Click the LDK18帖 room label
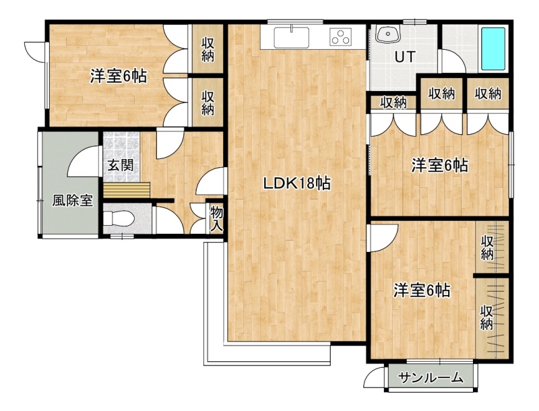pos(296,183)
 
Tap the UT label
pos(405,57)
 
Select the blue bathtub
pos(493,49)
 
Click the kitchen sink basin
pos(291,38)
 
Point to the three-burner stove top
pos(341,36)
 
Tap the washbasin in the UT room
pos(389,34)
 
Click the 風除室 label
pos(73,200)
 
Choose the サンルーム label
pos(431,378)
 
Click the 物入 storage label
pos(216,219)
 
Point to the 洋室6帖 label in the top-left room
pos(119,76)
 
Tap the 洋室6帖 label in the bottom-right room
pos(422,290)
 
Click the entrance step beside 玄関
pos(127,189)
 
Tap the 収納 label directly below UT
pos(393,102)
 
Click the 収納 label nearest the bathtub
pos(488,94)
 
